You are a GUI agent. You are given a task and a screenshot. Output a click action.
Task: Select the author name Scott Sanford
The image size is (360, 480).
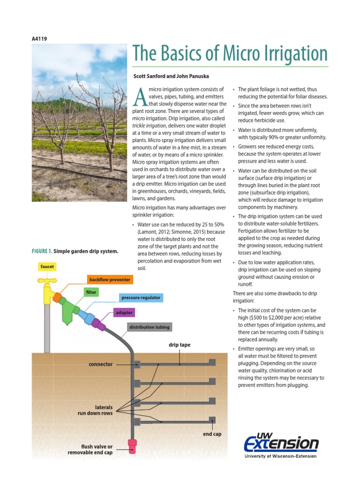(150, 75)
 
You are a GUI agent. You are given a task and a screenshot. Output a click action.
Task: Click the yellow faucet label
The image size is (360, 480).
(47, 266)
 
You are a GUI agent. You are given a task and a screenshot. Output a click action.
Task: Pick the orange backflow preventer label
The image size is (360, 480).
(110, 280)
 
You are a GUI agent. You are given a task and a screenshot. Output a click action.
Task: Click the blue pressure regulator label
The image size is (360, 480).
(140, 298)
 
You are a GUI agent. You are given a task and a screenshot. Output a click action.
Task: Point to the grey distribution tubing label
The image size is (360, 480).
(150, 327)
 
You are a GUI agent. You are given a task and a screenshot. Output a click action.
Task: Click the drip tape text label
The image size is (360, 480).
(180, 345)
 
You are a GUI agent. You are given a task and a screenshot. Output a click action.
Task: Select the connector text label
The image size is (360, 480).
(101, 364)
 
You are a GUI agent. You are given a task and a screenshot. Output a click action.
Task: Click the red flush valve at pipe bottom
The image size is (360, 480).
(133, 446)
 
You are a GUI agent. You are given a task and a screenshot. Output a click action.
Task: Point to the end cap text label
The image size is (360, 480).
(212, 434)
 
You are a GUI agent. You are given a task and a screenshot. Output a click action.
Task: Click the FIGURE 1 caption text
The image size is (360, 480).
(75, 251)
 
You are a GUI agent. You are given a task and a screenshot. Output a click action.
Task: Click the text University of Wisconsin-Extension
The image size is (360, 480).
(280, 456)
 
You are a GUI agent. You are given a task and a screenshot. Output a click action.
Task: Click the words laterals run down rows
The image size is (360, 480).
(97, 411)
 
